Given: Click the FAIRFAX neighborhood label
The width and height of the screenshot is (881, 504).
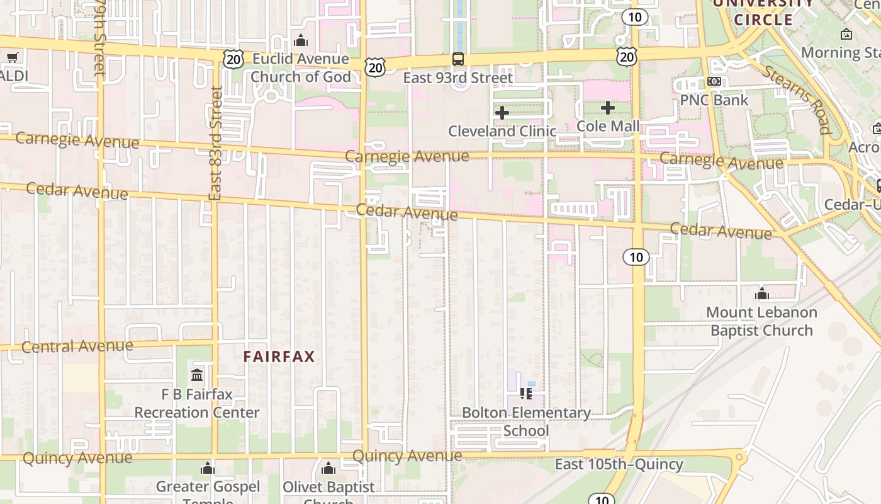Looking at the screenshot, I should point(279,357).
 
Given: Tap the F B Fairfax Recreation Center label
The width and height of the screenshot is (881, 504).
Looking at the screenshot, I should point(197,404).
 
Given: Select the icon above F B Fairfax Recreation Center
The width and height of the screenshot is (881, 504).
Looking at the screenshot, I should point(197,375).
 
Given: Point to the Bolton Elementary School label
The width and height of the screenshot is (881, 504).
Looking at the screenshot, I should point(526,421).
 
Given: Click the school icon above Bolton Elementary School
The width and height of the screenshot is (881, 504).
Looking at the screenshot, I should point(526,394).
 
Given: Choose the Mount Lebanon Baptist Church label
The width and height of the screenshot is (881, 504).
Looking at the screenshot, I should point(761,321).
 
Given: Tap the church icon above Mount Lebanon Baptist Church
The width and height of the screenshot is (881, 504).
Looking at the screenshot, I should point(762,294).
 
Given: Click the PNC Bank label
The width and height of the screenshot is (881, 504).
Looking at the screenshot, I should point(714,100).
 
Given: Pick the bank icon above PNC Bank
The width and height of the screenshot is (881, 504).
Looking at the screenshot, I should point(714,81).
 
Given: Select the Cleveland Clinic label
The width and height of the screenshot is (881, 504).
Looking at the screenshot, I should point(502,131).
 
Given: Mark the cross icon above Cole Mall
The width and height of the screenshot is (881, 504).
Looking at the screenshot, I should point(608,108).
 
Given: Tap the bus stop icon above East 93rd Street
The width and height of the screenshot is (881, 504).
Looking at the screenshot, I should point(458,59).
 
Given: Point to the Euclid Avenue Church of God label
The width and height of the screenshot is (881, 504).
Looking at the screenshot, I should point(301,68).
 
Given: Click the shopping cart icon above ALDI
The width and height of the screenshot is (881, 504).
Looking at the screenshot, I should point(12,58).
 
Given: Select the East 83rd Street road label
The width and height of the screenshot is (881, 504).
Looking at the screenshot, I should point(216,144).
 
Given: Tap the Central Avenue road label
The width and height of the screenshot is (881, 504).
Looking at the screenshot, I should point(77,346).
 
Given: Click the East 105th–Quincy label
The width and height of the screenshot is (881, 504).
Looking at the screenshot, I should point(619,465).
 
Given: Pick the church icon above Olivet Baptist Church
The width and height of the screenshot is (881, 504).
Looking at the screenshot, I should point(328,469).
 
